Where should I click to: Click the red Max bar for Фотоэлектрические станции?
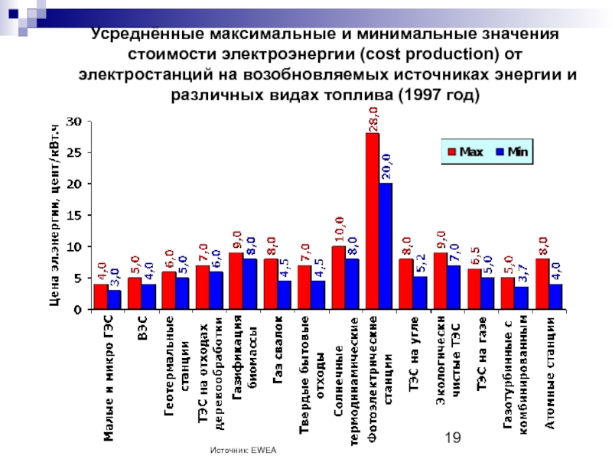click(373, 222)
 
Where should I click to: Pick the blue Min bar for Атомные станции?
click(556, 297)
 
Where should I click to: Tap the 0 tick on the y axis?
click(79, 310)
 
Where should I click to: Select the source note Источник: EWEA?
click(243, 452)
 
